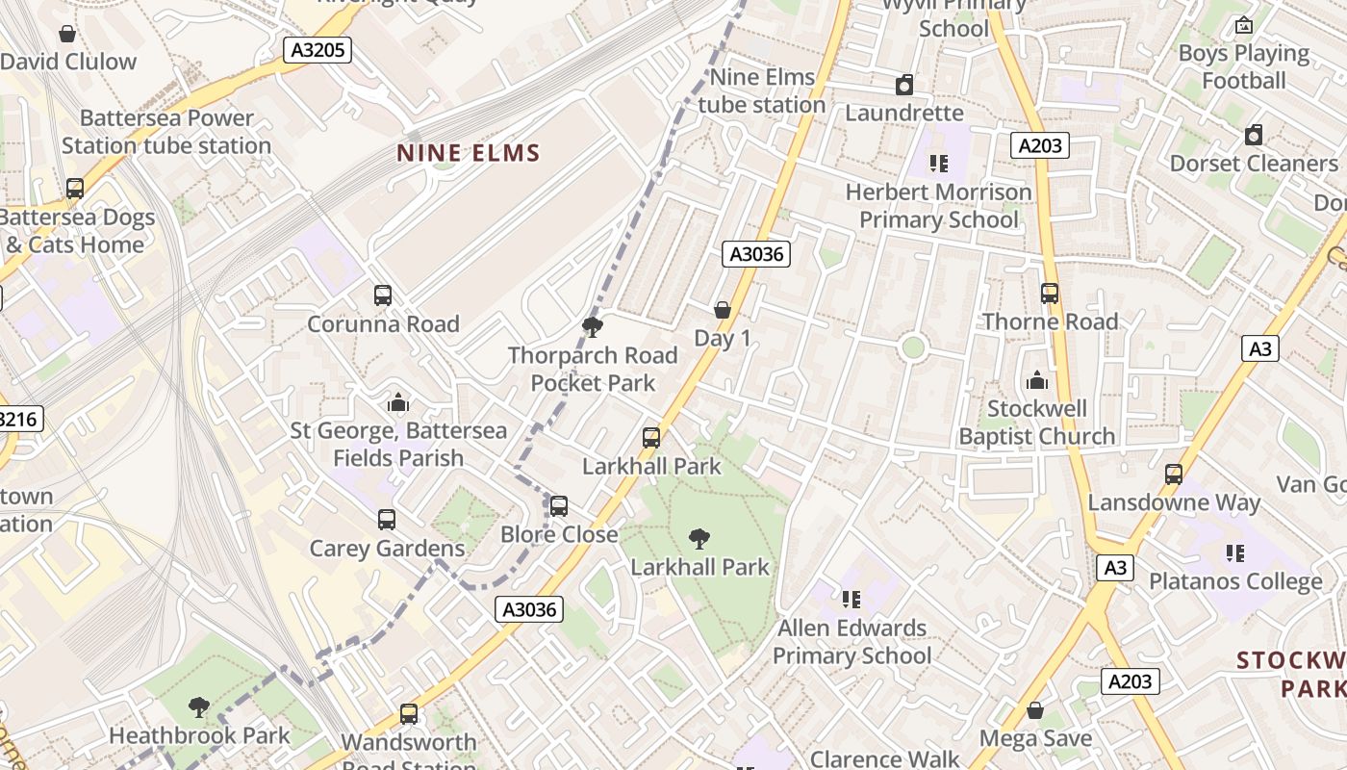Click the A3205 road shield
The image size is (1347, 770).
click(x=317, y=50)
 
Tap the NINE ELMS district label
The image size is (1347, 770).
click(x=469, y=153)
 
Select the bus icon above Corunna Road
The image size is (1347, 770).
click(x=383, y=295)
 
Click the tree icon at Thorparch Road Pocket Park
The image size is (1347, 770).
click(x=593, y=327)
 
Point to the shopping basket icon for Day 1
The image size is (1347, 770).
click(x=723, y=310)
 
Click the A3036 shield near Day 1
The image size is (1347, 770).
click(x=756, y=254)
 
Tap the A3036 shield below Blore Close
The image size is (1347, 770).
click(x=529, y=609)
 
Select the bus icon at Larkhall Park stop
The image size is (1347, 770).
click(x=651, y=438)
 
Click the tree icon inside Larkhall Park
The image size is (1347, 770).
click(x=699, y=539)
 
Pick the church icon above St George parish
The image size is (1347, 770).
click(x=398, y=402)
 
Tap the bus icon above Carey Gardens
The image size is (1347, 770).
click(x=387, y=520)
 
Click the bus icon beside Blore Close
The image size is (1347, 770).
click(x=558, y=506)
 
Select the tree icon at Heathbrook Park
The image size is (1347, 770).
click(x=199, y=708)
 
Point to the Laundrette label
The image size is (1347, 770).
click(x=903, y=113)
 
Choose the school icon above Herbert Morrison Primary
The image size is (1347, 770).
click(x=938, y=164)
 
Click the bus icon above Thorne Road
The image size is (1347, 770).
click(x=1050, y=294)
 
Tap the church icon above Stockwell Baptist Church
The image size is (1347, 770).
click(x=1037, y=380)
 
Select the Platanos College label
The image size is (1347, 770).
click(x=1235, y=581)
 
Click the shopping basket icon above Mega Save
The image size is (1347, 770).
click(x=1035, y=711)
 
